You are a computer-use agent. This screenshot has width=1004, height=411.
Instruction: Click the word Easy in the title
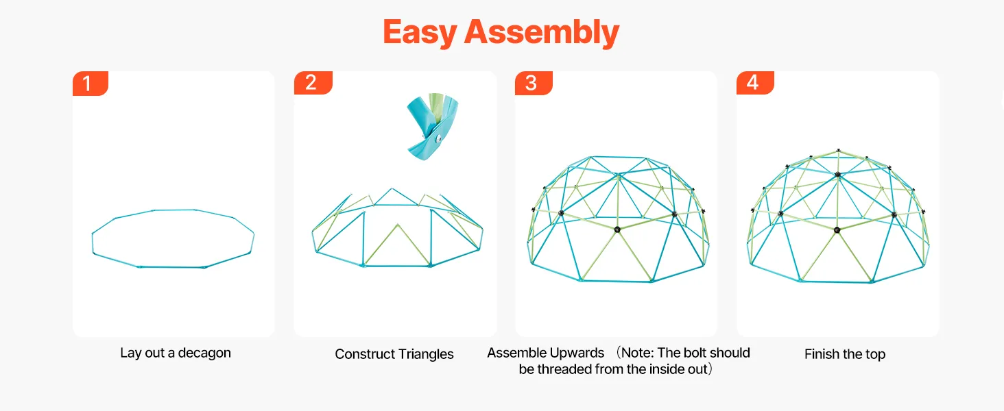420,32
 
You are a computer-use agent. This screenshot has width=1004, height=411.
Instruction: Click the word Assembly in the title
542,32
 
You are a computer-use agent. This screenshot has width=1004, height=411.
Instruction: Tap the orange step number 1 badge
91,84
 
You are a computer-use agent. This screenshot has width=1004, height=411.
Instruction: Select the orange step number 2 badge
313,83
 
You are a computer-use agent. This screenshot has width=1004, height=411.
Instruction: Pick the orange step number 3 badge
534,83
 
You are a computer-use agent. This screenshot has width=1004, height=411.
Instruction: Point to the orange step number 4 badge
755,83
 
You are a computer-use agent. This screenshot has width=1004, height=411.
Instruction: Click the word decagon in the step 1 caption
204,353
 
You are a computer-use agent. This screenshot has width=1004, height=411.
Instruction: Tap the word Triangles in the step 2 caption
426,354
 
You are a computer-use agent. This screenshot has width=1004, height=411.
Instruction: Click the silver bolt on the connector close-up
438,138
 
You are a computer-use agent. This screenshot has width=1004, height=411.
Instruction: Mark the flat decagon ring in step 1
93,242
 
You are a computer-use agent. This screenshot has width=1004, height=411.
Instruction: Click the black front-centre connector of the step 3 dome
617,229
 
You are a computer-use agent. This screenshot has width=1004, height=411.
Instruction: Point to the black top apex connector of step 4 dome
838,174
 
